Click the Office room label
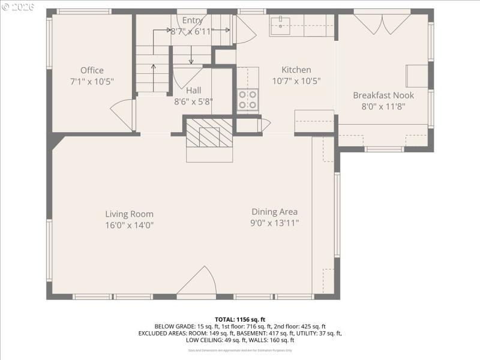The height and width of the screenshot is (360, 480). (92, 70)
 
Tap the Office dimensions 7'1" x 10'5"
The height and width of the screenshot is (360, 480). (92, 81)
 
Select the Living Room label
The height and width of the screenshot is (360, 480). (129, 214)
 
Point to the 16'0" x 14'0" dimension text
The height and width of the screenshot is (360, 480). (129, 225)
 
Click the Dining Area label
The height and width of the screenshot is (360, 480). (274, 211)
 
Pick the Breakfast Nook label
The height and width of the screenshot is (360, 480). (383, 95)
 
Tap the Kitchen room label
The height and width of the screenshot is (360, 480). (296, 70)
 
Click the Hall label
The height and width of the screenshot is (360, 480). (193, 90)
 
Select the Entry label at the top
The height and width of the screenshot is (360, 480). (192, 20)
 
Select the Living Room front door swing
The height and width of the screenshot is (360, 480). (197, 282)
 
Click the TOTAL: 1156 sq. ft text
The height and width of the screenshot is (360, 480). (239, 319)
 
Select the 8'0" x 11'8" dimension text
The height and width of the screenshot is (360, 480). (383, 106)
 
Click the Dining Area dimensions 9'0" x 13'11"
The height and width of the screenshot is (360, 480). (274, 223)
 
